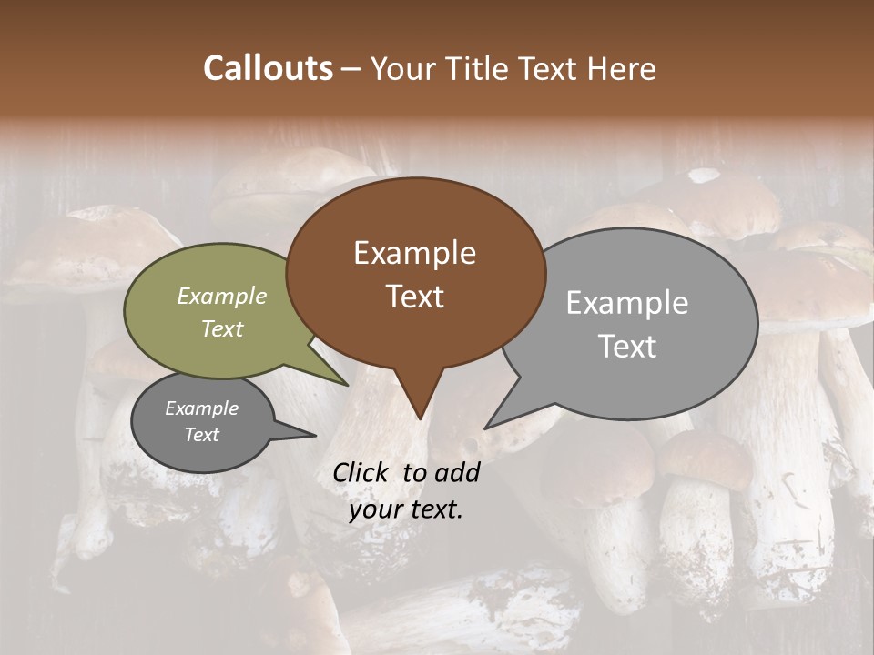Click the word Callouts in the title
click(x=268, y=68)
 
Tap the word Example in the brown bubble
click(x=414, y=253)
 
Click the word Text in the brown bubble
click(x=415, y=297)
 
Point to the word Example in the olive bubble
click(x=222, y=296)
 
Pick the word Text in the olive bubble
click(x=222, y=328)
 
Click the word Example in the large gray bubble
click(x=627, y=303)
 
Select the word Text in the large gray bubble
click(x=627, y=347)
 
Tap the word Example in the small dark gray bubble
click(x=202, y=408)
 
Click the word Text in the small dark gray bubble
click(x=202, y=435)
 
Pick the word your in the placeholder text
click(x=376, y=509)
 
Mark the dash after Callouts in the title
click(x=351, y=69)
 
